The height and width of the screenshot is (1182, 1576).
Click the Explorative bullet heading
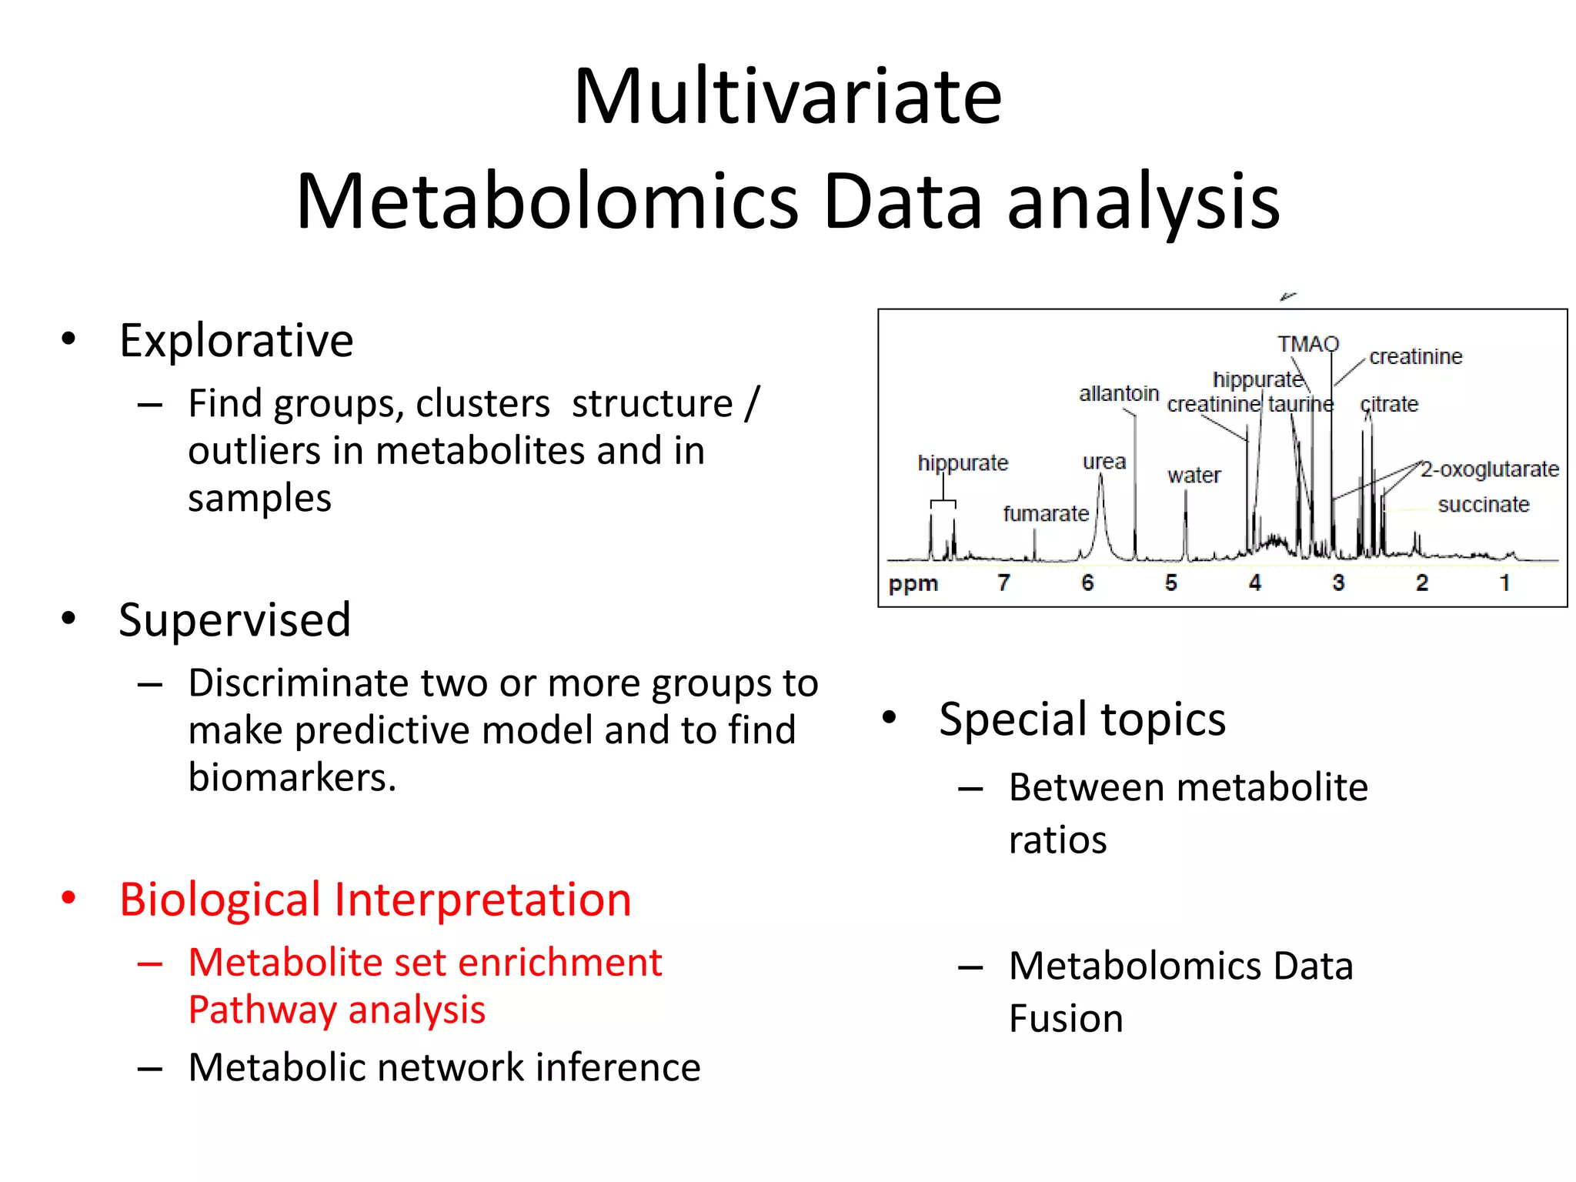(235, 341)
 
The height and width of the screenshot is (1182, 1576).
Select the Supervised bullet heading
(235, 620)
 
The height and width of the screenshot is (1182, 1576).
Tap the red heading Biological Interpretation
(375, 900)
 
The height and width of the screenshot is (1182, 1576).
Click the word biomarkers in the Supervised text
(292, 778)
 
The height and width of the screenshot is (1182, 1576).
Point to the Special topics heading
(1081, 720)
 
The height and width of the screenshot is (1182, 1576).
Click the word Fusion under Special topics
(1066, 1019)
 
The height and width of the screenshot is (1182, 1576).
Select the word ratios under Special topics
(1057, 840)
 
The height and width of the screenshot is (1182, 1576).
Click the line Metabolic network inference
(444, 1068)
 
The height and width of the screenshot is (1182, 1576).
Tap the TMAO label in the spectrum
(1308, 344)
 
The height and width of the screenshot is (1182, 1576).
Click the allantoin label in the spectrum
(1118, 394)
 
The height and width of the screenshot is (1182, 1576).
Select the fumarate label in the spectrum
(1045, 513)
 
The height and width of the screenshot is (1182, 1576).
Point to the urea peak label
(1104, 462)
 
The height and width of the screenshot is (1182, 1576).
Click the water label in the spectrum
(1194, 476)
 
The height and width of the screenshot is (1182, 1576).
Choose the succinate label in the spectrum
(1483, 505)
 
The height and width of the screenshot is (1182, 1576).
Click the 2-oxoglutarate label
(1489, 469)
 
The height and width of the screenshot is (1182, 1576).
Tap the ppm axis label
(913, 583)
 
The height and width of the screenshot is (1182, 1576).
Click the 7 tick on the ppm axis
(1003, 583)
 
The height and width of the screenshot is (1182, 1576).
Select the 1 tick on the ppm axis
(1504, 583)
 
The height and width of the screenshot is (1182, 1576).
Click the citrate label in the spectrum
(1389, 405)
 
